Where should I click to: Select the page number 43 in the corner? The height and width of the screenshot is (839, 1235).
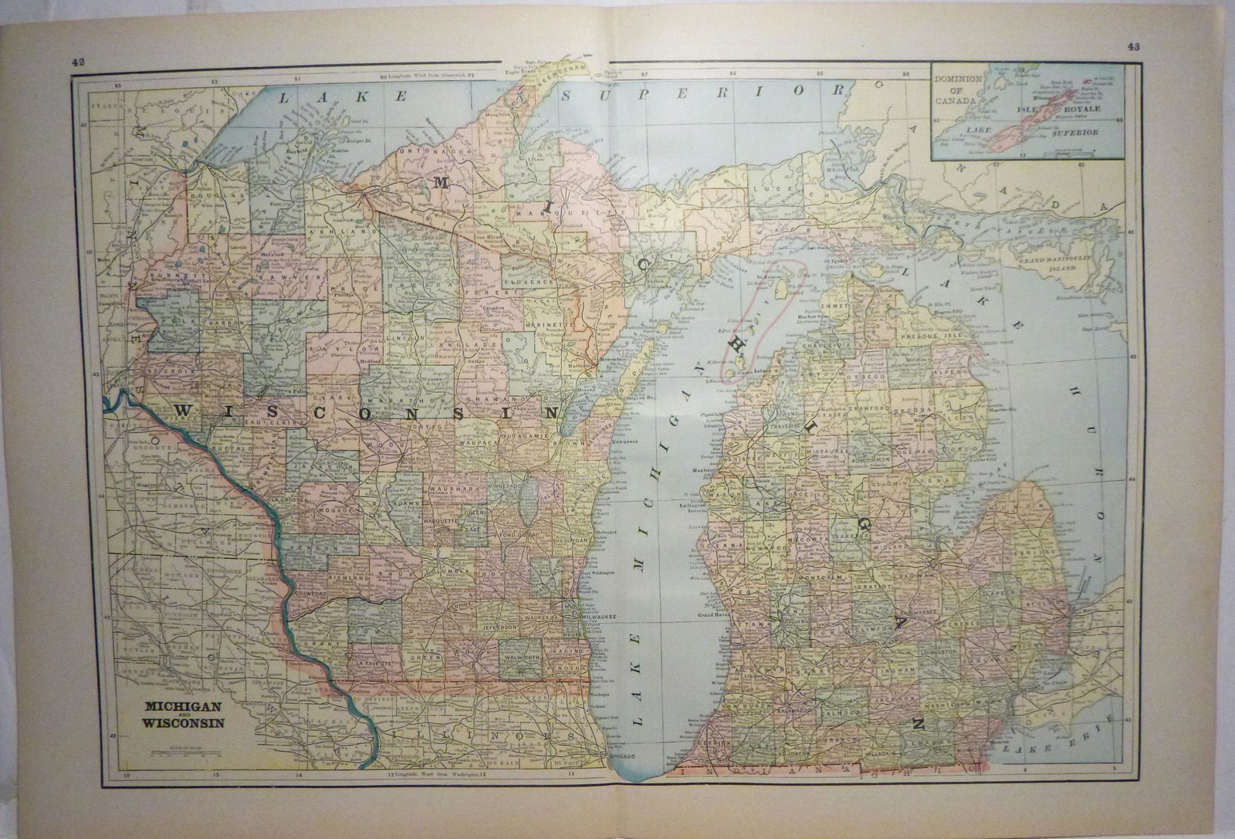[x=1133, y=46]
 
